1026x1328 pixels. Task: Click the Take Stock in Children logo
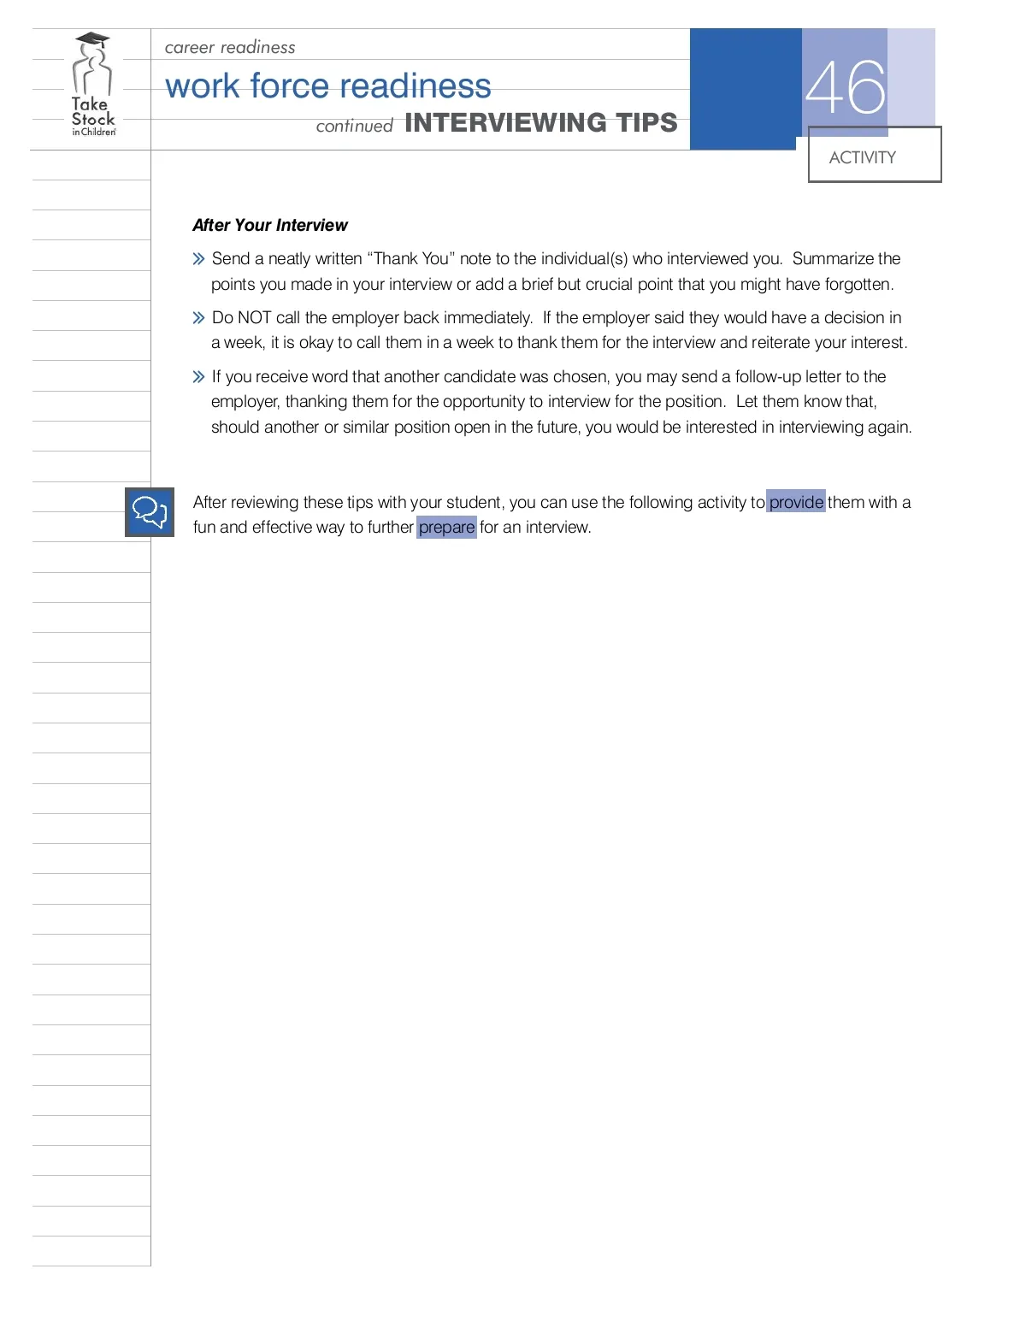point(92,86)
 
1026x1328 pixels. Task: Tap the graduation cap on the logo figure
point(92,40)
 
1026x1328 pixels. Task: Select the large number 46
point(845,87)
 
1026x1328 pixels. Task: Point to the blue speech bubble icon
point(150,512)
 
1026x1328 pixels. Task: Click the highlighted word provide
point(796,502)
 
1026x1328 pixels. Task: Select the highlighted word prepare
point(446,527)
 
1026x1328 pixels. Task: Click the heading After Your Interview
point(270,225)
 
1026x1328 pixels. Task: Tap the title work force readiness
point(327,86)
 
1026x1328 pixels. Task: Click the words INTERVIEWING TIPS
point(540,123)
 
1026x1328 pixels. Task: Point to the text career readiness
point(230,47)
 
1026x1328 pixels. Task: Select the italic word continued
point(354,127)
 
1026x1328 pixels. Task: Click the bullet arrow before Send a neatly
point(198,258)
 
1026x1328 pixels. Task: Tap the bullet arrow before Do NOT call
point(198,318)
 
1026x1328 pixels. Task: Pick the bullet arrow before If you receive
point(198,376)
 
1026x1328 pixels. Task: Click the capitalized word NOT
point(255,317)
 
